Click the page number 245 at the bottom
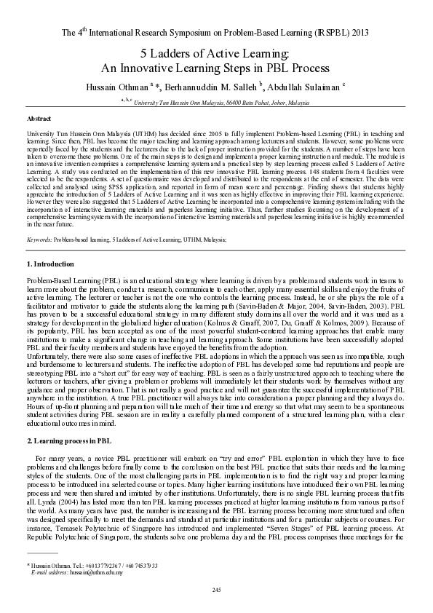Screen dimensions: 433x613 pyautogui.click(x=216, y=589)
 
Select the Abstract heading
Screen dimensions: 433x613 pyautogui.click(x=39, y=117)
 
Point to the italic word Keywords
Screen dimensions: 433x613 pyautogui.click(x=39, y=239)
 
